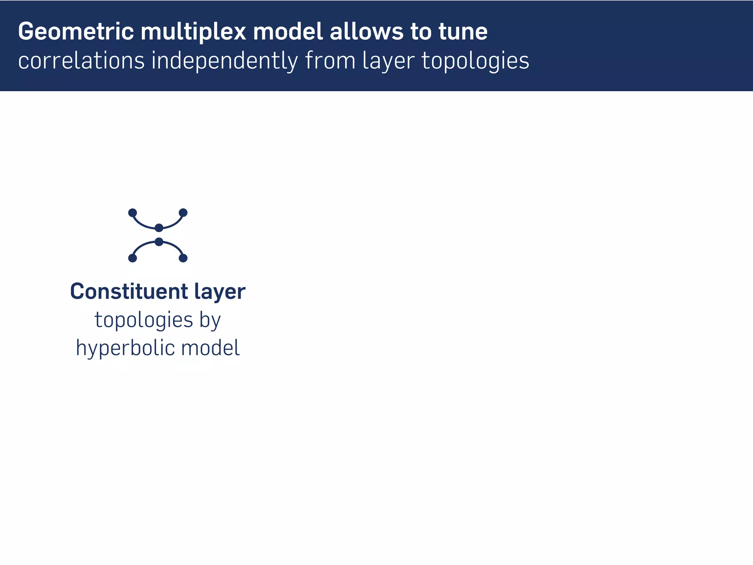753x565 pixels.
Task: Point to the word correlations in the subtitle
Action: tap(81, 61)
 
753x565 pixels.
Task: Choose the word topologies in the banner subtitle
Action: tap(475, 61)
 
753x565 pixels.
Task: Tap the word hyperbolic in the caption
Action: tap(125, 348)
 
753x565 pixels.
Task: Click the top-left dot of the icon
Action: tap(133, 213)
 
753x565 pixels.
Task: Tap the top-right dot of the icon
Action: tap(183, 213)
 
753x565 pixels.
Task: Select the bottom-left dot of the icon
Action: tap(133, 258)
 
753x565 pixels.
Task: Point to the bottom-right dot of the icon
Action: tap(183, 258)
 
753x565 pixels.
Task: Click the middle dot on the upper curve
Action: tap(159, 228)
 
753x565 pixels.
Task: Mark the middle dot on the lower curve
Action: tap(159, 242)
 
